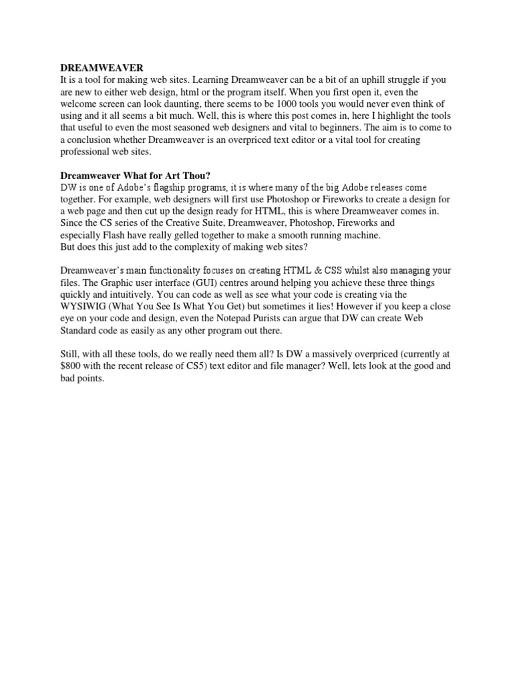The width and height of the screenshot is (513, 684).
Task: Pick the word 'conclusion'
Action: click(x=90, y=140)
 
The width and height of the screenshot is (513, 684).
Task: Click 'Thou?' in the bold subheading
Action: click(x=196, y=176)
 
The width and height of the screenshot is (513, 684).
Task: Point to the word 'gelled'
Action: click(x=180, y=235)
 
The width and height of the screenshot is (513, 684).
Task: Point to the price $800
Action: click(x=72, y=367)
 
